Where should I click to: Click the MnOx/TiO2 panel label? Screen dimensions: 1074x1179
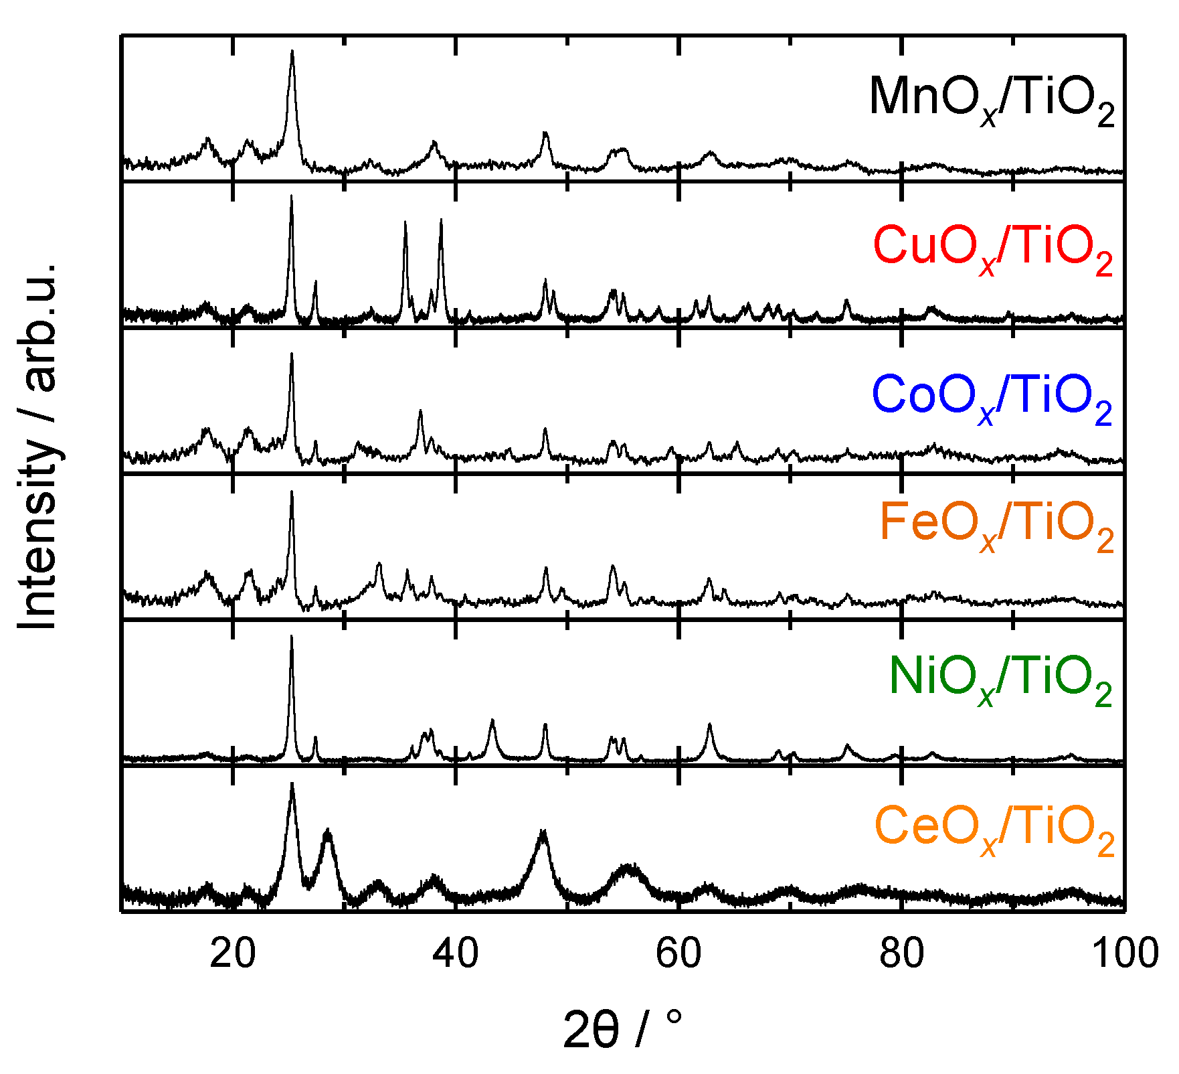tap(992, 100)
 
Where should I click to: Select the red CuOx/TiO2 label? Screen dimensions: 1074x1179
tap(993, 249)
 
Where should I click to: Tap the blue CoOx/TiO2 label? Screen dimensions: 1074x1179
tap(992, 398)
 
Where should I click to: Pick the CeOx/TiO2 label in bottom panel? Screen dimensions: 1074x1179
tap(994, 830)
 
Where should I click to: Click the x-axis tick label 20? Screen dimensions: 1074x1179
tap(232, 953)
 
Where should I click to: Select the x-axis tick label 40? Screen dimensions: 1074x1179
tap(456, 953)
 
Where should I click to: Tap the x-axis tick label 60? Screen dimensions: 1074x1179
tap(678, 953)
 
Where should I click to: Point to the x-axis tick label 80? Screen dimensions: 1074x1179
tap(902, 953)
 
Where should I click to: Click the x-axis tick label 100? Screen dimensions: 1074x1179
tap(1124, 953)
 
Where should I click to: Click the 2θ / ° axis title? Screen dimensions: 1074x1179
tap(623, 1031)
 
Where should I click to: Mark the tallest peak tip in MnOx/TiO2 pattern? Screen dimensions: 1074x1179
tap(292, 51)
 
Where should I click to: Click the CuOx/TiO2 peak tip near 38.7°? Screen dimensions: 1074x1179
tap(441, 220)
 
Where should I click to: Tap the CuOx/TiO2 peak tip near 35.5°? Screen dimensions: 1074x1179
tap(405, 223)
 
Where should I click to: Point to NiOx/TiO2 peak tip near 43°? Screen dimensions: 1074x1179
tap(492, 720)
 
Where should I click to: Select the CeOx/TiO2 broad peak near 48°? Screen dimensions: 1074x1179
tap(543, 832)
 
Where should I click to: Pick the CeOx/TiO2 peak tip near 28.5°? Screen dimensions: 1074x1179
tap(327, 831)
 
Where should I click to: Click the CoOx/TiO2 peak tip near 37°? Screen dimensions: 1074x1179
tap(420, 411)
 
